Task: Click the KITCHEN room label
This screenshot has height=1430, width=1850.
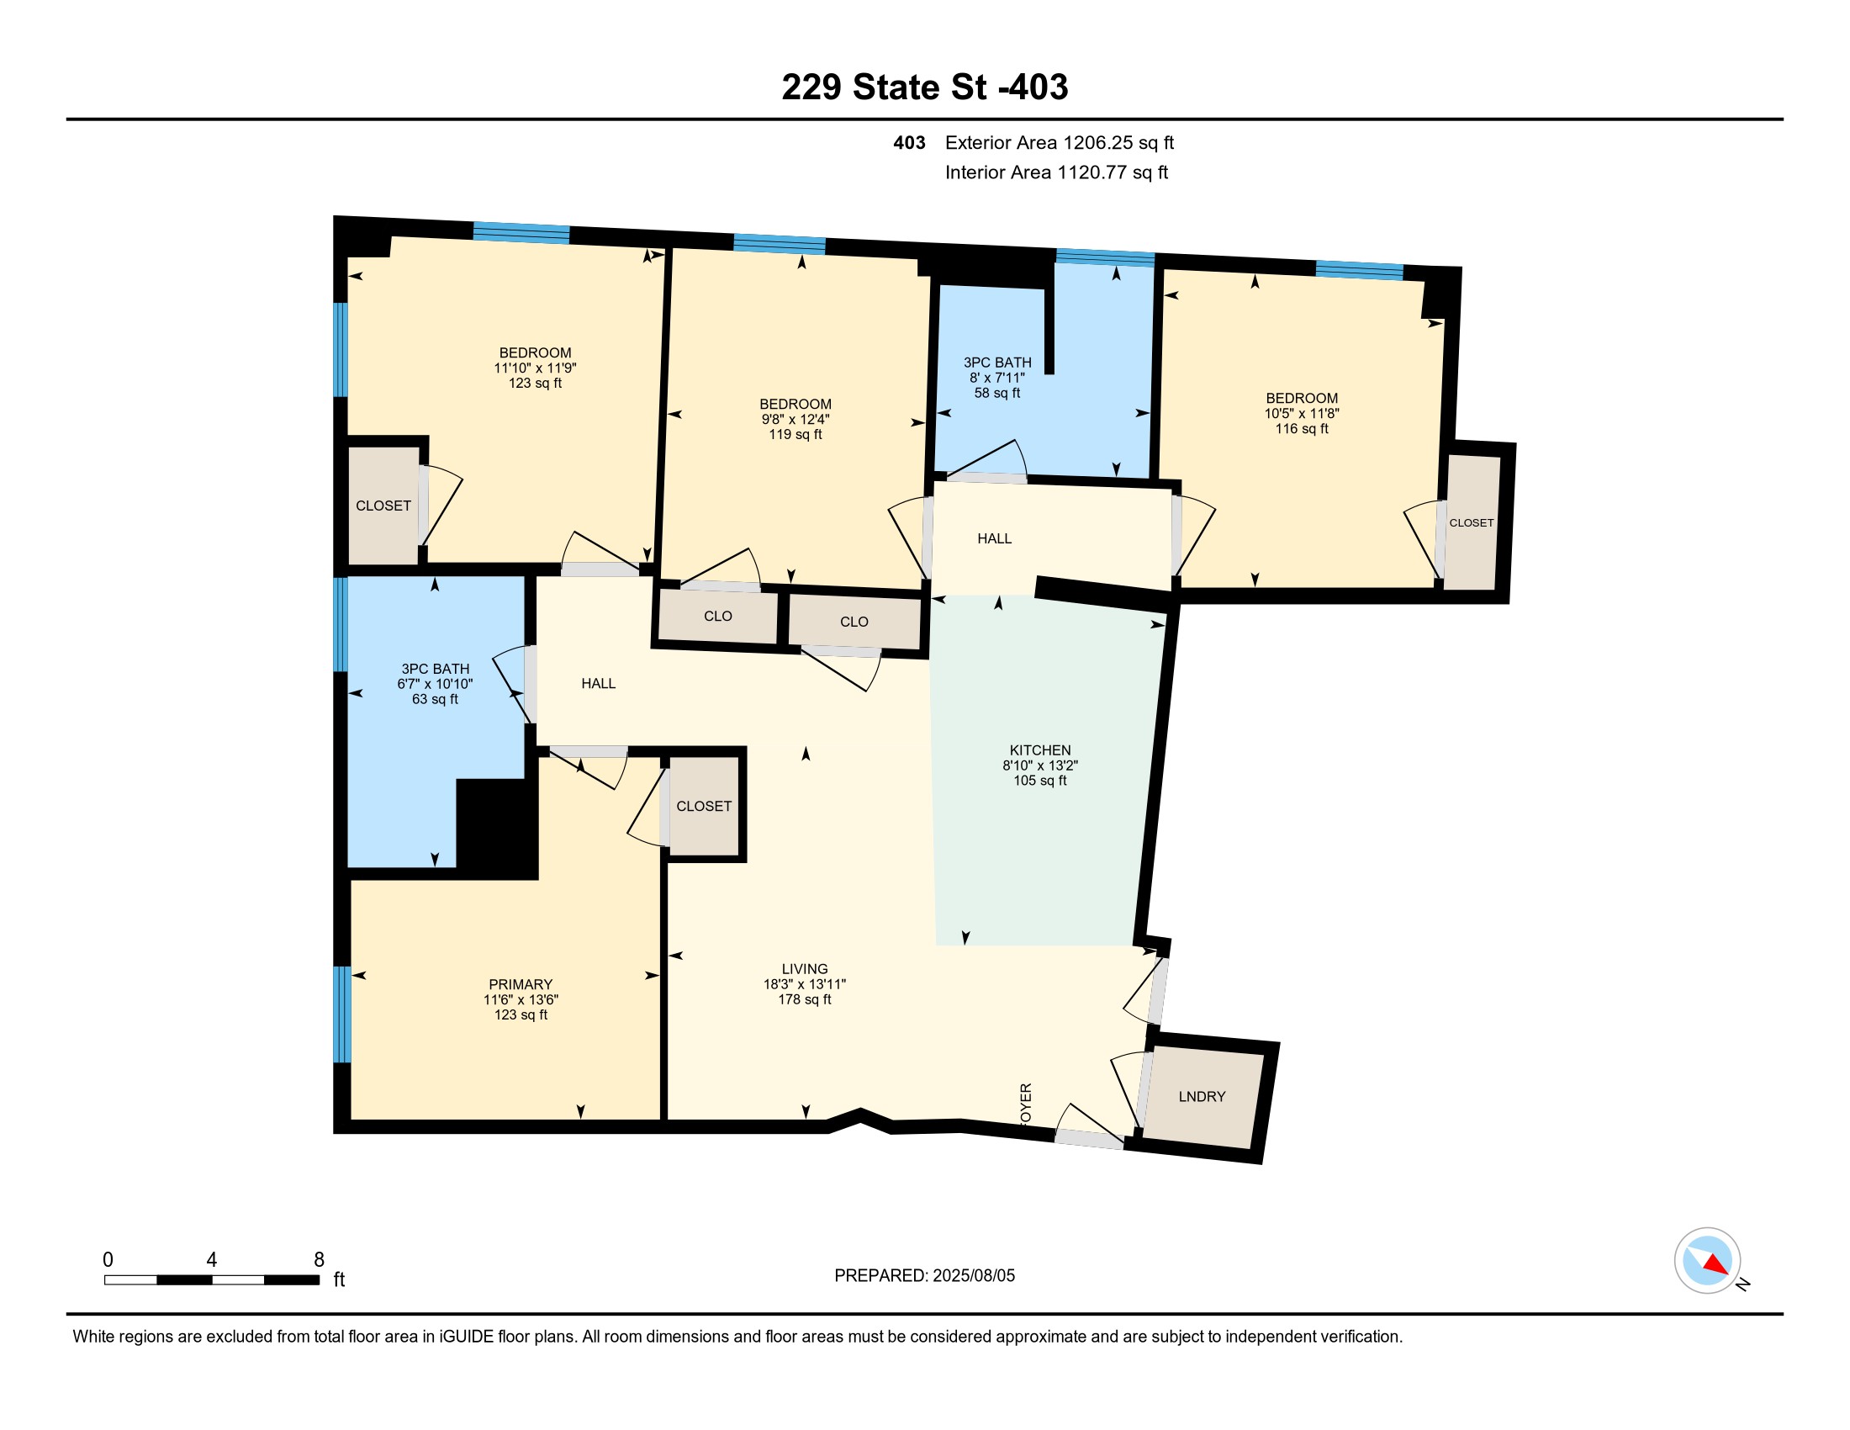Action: [x=1039, y=749]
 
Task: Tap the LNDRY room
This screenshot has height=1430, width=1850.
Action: [x=1202, y=1096]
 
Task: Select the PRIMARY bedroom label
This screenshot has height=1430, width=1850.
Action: [x=520, y=984]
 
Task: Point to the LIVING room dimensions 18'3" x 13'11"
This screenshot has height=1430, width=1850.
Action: [x=805, y=984]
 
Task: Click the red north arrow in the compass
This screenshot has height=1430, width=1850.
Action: [x=1715, y=1264]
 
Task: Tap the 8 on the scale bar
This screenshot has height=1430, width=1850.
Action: [x=319, y=1260]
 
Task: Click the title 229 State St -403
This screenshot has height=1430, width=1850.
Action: [x=925, y=87]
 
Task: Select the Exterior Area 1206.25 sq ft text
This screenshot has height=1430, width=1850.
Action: [x=1059, y=143]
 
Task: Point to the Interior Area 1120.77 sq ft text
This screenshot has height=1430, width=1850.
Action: [x=1056, y=172]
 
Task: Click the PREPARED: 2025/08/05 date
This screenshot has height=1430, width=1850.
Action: [x=924, y=1276]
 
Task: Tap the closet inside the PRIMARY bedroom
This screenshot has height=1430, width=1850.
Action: [x=704, y=806]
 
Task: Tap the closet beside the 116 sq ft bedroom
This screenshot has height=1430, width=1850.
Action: [x=1472, y=522]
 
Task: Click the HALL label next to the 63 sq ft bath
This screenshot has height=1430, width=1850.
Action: [x=598, y=684]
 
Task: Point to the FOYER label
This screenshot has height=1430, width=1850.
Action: [x=1026, y=1104]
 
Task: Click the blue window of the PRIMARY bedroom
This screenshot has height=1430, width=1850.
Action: [x=341, y=1014]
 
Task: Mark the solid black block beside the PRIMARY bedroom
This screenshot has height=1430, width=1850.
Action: [x=497, y=829]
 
